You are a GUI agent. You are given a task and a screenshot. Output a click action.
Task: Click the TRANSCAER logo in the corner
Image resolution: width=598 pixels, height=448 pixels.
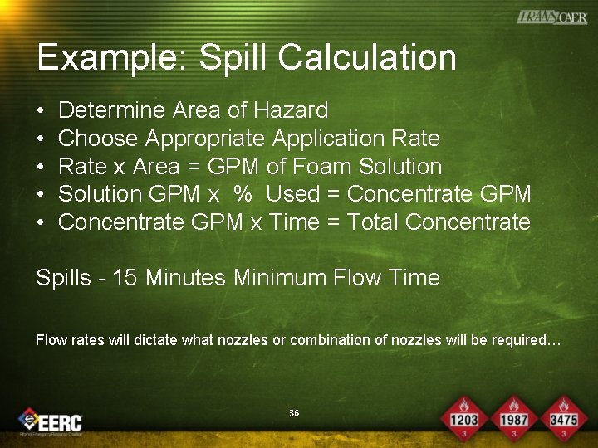(x=551, y=17)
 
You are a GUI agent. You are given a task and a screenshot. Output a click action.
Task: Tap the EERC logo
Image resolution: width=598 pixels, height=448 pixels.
(x=51, y=420)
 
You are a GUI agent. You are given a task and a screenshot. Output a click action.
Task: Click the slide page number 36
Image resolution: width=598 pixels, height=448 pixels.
(x=294, y=413)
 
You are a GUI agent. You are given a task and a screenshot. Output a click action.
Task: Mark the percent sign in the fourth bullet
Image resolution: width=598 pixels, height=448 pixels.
(x=243, y=194)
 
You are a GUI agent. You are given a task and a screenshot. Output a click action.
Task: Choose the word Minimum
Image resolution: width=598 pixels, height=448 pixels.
(x=278, y=277)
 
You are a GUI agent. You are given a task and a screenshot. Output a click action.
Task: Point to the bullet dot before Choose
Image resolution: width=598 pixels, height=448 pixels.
(x=42, y=139)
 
